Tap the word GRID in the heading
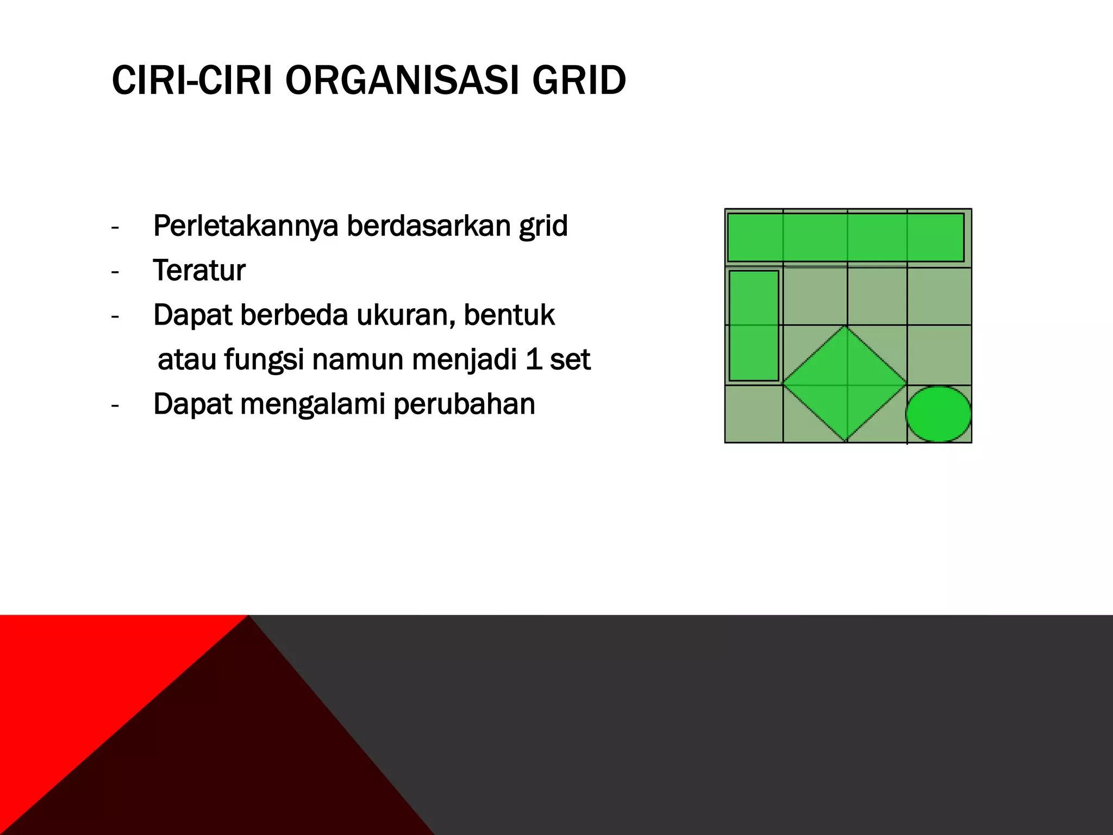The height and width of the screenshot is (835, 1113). click(x=579, y=80)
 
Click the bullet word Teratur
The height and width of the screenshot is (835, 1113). click(x=199, y=271)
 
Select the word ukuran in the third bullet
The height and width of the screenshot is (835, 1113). click(x=405, y=315)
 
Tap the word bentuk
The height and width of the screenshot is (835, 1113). click(x=509, y=315)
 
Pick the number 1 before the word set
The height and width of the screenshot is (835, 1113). click(x=534, y=360)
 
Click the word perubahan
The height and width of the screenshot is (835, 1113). click(x=464, y=404)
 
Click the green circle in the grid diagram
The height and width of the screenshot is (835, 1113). click(x=939, y=414)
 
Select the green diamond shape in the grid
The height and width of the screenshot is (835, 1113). click(x=845, y=384)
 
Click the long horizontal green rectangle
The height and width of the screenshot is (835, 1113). click(x=846, y=238)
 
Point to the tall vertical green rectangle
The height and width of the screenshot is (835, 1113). click(x=754, y=326)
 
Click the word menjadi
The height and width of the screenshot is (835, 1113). click(x=465, y=360)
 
